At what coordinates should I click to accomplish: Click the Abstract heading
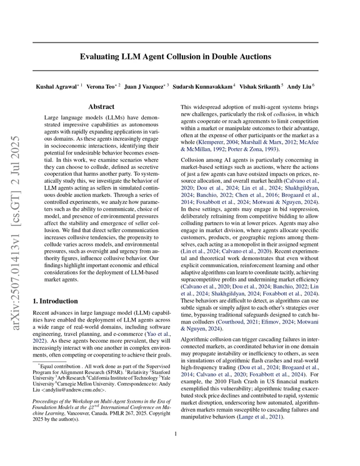[x=101, y=108]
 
